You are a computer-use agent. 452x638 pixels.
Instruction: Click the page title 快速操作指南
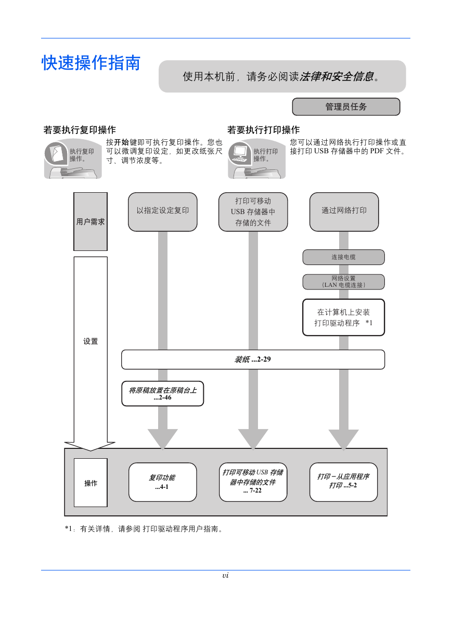tap(91, 63)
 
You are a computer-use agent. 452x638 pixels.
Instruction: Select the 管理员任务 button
tap(346, 107)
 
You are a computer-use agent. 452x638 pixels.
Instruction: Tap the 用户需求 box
tap(91, 222)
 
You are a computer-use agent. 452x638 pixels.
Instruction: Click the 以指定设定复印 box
tap(163, 211)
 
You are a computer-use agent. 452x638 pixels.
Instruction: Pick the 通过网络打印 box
tap(344, 211)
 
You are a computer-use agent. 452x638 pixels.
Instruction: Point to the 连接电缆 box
tap(343, 257)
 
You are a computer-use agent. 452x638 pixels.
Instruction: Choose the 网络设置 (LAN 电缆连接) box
tap(343, 282)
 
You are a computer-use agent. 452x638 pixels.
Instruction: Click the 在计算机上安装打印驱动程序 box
tap(343, 317)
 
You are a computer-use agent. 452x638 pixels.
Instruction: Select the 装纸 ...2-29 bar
tap(253, 360)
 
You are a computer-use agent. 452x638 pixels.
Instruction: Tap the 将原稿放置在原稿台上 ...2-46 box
tap(163, 394)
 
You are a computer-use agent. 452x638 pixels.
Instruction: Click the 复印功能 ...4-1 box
tap(163, 482)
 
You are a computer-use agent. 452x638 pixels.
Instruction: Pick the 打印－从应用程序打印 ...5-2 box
tap(343, 482)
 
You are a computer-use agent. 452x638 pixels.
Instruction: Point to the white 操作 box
tap(91, 483)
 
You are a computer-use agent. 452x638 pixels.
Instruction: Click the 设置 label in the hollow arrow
tap(91, 341)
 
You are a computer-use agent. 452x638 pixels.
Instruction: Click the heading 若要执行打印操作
tap(263, 130)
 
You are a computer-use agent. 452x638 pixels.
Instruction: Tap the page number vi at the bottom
tap(225, 576)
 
